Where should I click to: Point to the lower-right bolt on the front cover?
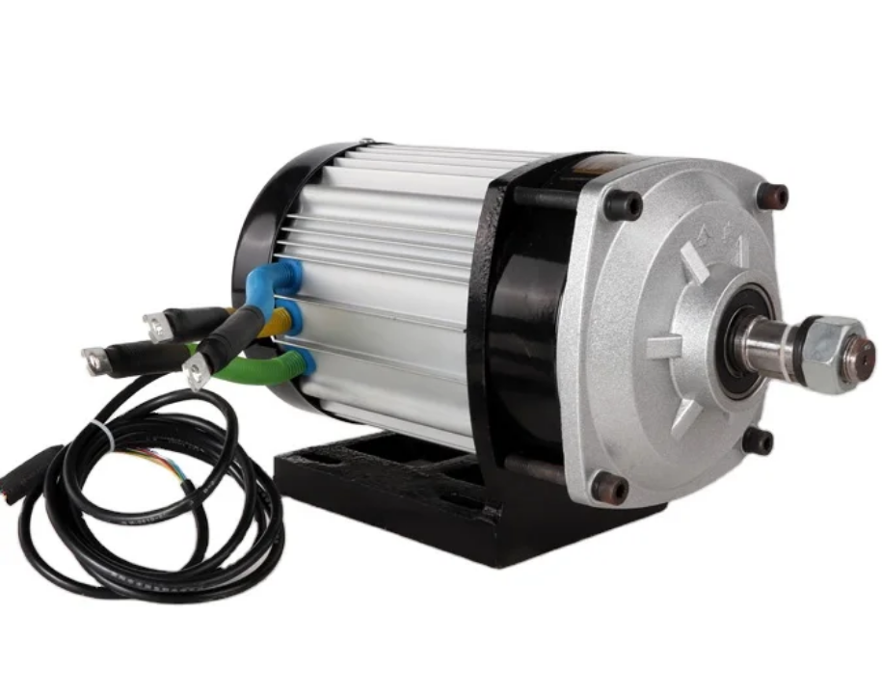759,440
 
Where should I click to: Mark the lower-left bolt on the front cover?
610,488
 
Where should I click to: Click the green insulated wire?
255,373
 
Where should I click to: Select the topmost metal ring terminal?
155,326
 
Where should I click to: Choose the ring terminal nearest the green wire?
198,370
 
